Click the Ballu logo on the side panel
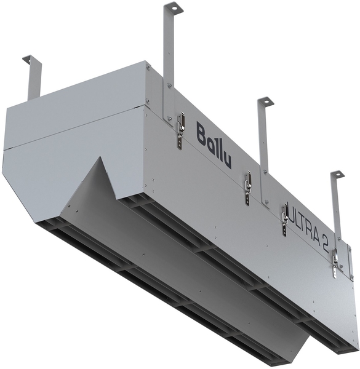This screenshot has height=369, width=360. click(x=214, y=144)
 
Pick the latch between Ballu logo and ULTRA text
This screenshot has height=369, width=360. click(x=247, y=188)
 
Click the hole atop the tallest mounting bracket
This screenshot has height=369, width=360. click(x=174, y=8)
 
